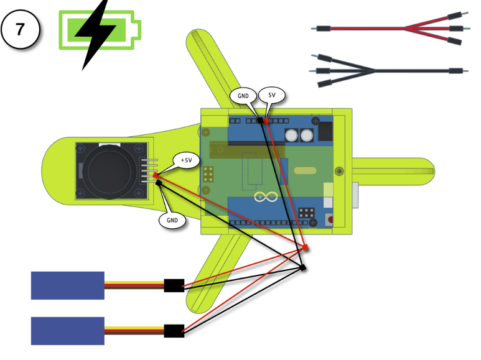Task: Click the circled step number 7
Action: coord(21,29)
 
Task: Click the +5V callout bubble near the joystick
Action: coord(187,160)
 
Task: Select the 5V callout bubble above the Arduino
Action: coord(272,95)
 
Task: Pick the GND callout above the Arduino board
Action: coord(243,96)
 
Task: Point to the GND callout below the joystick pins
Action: coord(172,219)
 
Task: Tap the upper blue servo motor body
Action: coord(67,285)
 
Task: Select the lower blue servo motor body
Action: coord(67,331)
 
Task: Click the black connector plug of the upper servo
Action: coord(174,285)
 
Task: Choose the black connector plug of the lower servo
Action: coord(174,331)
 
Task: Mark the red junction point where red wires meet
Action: coord(306,248)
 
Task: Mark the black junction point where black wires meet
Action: coord(303,268)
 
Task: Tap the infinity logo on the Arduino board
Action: coord(266,198)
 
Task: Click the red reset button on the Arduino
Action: coord(330,219)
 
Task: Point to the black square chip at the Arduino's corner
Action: coord(325,131)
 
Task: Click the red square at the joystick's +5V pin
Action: coord(156,175)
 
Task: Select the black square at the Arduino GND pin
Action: coord(259,120)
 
